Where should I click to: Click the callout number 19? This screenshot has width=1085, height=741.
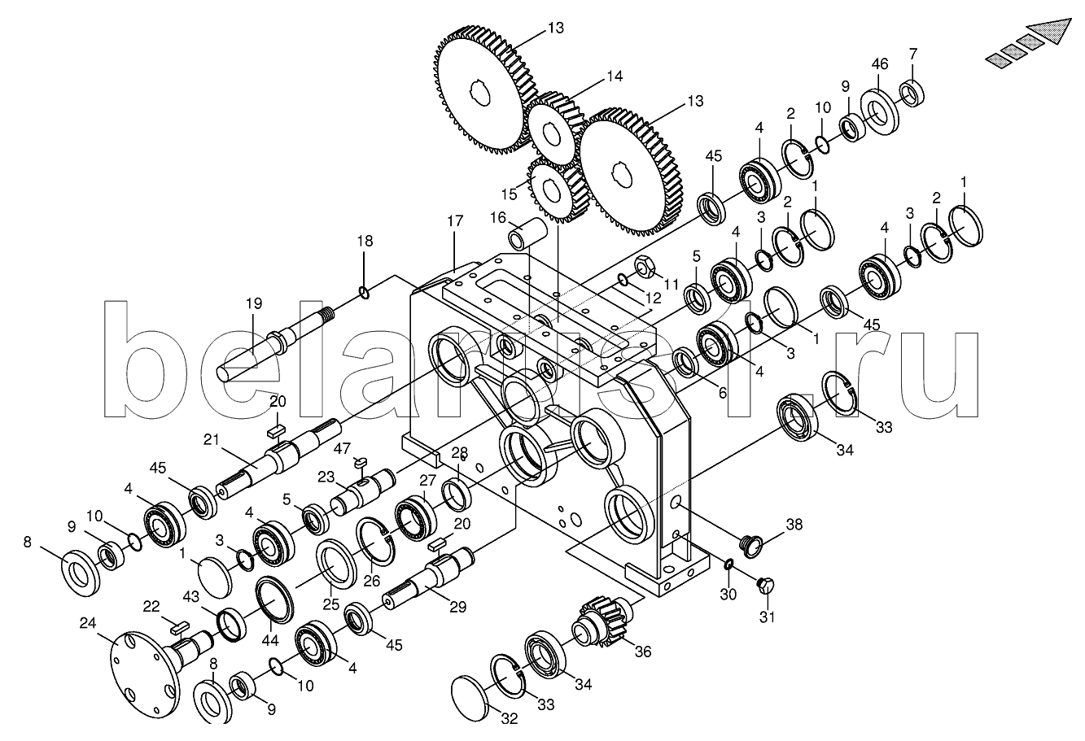coord(254,303)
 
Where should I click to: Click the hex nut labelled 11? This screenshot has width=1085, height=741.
coord(645,265)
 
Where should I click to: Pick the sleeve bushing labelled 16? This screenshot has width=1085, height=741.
coord(527,233)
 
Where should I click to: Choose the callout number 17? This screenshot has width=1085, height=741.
coord(455,221)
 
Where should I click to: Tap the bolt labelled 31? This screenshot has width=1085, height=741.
coord(765,586)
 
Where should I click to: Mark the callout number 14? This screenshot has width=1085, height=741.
coord(615,77)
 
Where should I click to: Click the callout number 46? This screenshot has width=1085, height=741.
coord(880,64)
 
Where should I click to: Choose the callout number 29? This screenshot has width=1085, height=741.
coord(457,607)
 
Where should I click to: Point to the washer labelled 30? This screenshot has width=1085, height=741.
coord(728,564)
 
